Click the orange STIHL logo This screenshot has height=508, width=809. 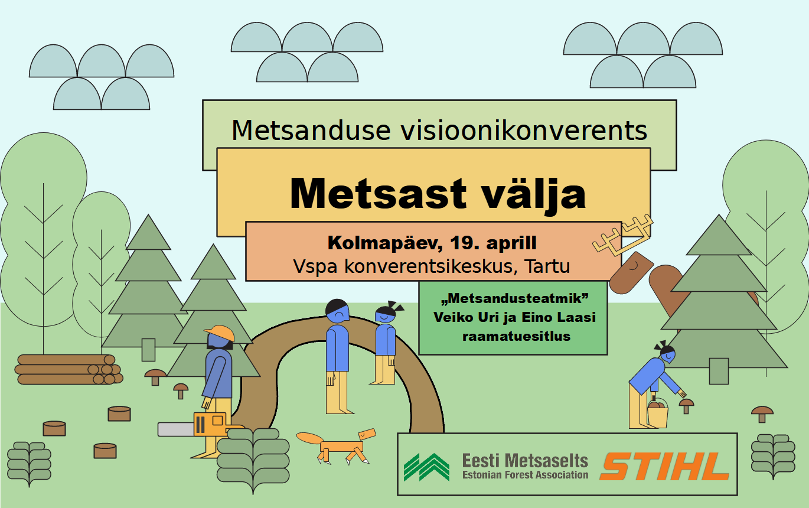pyautogui.click(x=664, y=466)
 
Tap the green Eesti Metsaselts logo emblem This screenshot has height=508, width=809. pyautogui.click(x=426, y=467)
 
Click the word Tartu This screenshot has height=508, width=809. pyautogui.click(x=547, y=266)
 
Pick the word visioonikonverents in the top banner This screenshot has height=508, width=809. pyautogui.click(x=524, y=130)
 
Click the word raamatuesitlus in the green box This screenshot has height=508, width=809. pyautogui.click(x=517, y=336)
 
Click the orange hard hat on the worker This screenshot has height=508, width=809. pyautogui.click(x=220, y=333)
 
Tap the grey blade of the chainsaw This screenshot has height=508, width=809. pyautogui.click(x=176, y=429)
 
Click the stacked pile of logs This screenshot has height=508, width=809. pyautogui.click(x=68, y=369)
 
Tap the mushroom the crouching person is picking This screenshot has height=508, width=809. pyautogui.click(x=687, y=406)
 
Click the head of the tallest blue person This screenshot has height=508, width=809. pyautogui.click(x=337, y=311)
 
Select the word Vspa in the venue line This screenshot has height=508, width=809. pyautogui.click(x=315, y=267)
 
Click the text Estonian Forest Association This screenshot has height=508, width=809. pyautogui.click(x=526, y=475)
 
